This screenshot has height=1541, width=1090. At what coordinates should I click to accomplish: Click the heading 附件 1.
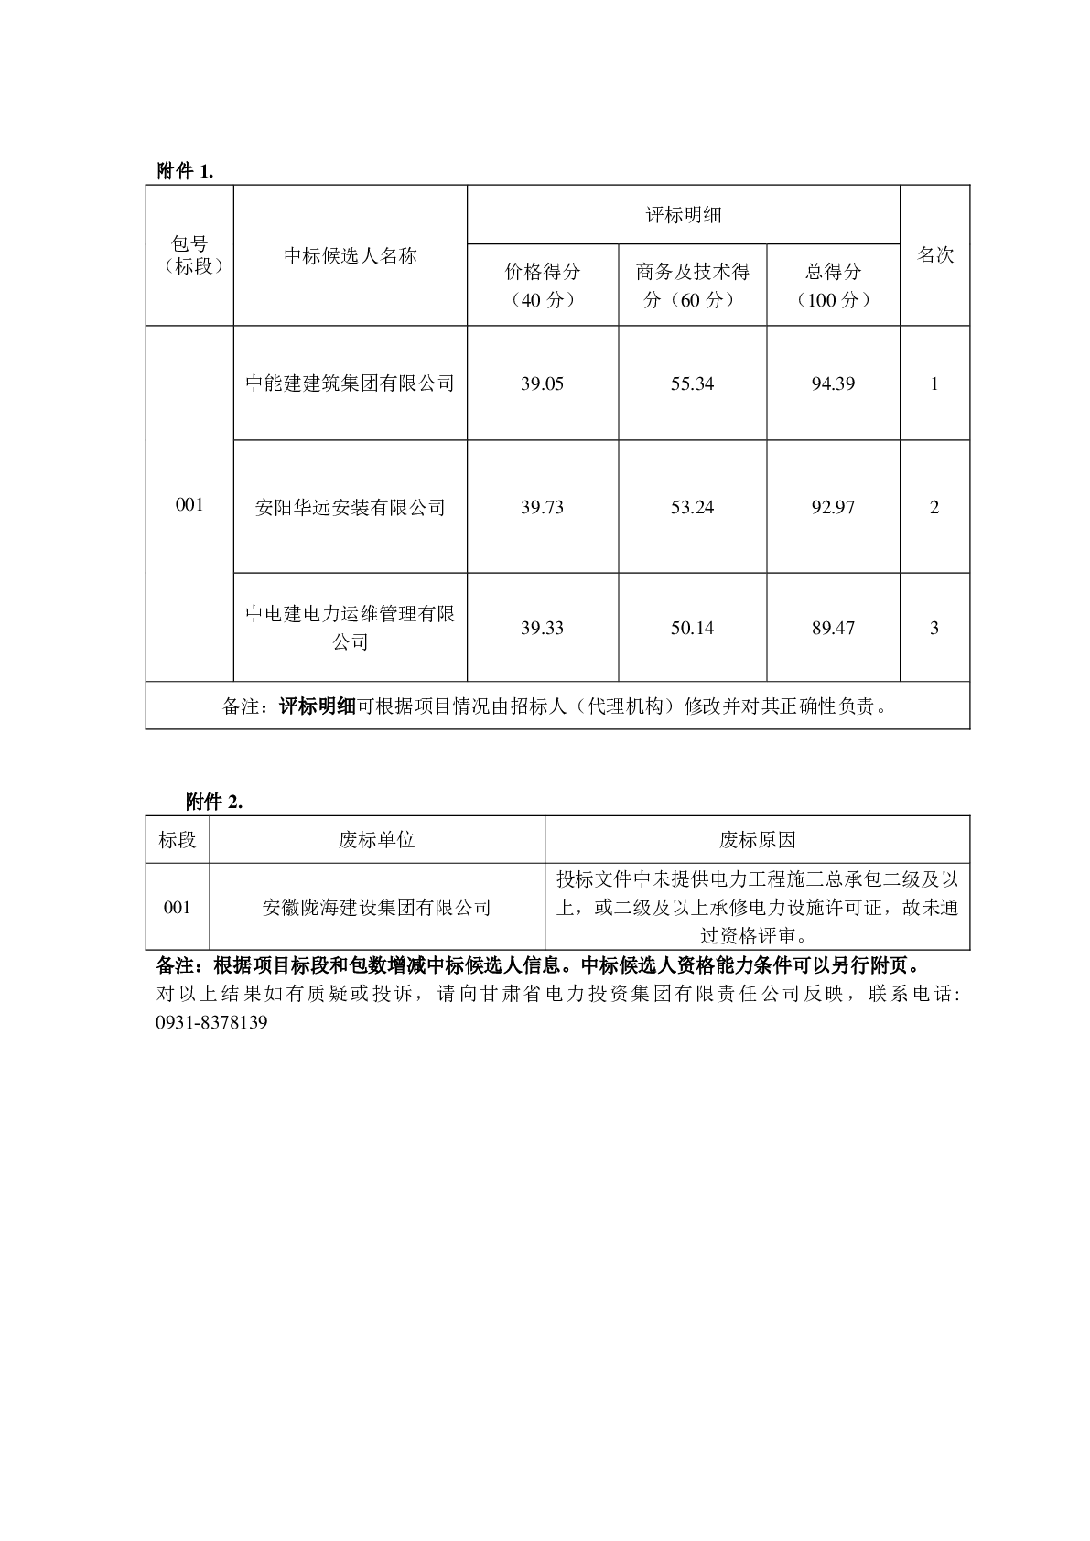[185, 171]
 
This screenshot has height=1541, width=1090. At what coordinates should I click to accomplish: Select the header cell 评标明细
[684, 215]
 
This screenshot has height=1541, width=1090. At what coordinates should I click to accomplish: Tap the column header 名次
[934, 255]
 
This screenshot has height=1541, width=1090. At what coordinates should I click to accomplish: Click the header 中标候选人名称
[350, 255]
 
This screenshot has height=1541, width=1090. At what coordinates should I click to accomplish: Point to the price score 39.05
[542, 383]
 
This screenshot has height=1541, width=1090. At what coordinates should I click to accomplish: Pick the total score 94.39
[833, 383]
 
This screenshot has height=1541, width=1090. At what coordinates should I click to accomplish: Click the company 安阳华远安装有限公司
[350, 507]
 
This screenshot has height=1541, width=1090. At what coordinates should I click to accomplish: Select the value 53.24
[692, 507]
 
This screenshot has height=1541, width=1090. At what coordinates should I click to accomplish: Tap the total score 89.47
[833, 628]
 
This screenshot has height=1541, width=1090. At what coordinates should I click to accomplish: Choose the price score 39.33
[542, 628]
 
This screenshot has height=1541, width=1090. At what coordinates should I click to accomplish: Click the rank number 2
[934, 507]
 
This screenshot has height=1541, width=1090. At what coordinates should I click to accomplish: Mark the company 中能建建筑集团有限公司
[350, 383]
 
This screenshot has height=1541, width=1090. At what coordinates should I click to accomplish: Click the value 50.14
[692, 628]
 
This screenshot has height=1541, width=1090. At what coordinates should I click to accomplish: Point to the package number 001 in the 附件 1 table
[189, 504]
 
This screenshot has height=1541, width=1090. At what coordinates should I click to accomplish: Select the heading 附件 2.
[213, 802]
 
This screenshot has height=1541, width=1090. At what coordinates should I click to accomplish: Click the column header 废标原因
[757, 839]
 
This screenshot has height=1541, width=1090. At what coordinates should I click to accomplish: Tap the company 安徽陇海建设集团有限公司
[376, 907]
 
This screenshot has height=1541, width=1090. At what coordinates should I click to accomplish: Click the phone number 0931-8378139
[212, 1022]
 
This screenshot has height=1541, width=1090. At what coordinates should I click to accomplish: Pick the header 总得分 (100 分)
[833, 285]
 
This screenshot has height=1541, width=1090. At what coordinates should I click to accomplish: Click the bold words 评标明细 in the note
[317, 706]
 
